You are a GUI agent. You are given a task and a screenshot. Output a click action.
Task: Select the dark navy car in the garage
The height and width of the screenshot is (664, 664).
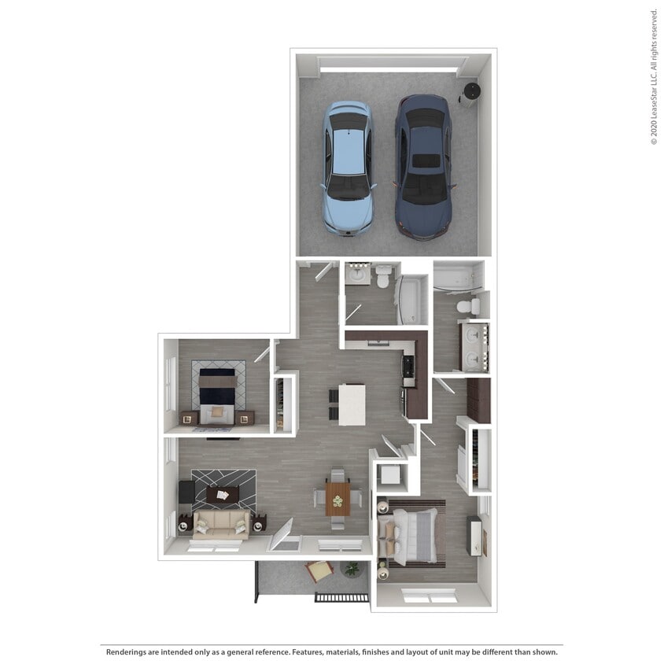click(422, 166)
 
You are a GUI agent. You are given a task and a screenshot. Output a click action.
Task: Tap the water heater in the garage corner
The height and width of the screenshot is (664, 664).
click(470, 94)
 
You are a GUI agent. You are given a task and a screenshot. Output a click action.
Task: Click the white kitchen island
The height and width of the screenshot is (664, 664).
click(352, 404)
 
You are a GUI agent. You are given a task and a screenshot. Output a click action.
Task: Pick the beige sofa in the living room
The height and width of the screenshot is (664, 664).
click(222, 524)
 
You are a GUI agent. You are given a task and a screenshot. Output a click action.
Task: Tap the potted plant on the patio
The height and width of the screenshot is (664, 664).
click(352, 568)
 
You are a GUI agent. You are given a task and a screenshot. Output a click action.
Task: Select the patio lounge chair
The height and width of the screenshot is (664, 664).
click(319, 570)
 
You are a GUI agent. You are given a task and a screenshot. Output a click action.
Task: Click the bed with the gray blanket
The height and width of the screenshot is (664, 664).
click(413, 535)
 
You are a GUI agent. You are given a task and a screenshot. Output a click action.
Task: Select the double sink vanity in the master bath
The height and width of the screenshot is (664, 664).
click(474, 347)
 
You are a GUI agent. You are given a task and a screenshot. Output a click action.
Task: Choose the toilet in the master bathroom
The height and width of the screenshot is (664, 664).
click(467, 305)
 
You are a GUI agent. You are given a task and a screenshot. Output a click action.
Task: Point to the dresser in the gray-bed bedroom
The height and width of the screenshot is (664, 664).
click(474, 535)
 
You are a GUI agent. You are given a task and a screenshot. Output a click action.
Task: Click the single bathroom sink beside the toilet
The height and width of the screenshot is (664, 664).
click(358, 275)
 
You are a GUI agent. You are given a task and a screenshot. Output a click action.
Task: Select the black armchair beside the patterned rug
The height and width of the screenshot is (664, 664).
click(186, 492)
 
